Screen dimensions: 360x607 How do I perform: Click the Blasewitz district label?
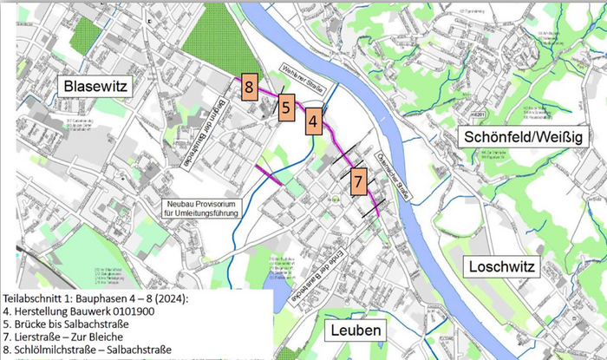tap(95, 85)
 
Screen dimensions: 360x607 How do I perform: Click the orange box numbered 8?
tap(248, 88)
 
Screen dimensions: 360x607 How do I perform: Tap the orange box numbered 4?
tap(313, 121)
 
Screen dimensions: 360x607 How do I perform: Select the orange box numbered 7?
tap(358, 182)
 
